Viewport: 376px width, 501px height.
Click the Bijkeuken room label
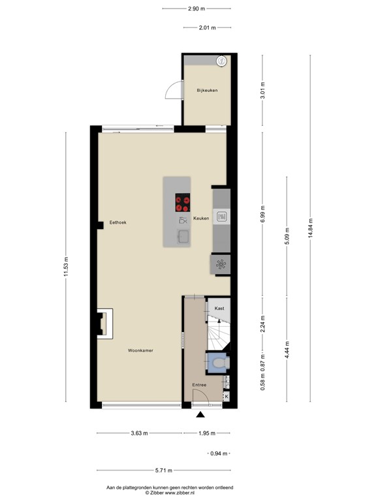tap(207, 90)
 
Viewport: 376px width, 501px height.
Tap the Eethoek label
tap(117, 222)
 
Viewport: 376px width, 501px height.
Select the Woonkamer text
tap(141, 351)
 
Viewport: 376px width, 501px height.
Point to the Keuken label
tap(201, 219)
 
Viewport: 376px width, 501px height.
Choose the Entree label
tap(199, 385)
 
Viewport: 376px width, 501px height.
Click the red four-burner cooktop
tap(183, 203)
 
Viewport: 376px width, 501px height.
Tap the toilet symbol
tap(217, 361)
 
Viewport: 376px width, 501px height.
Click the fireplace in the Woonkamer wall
tap(103, 323)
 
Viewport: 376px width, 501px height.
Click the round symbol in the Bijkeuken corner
tap(221, 61)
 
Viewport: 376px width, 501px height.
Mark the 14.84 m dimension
tap(311, 229)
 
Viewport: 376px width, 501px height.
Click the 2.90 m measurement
tap(196, 9)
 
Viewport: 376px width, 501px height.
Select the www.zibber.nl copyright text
tap(170, 493)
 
